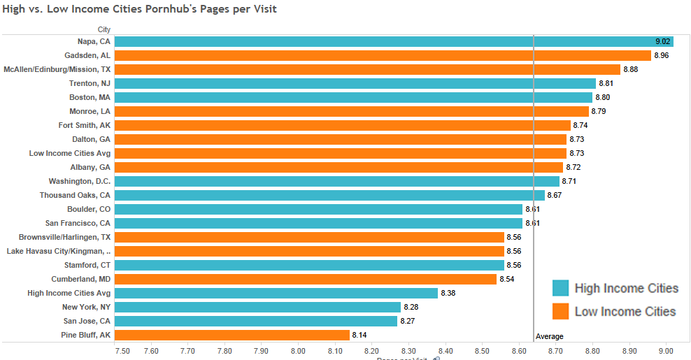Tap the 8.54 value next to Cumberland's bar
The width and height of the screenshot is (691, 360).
(x=506, y=279)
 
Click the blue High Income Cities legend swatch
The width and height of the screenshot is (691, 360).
(x=560, y=288)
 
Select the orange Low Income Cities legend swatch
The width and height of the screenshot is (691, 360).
(x=560, y=311)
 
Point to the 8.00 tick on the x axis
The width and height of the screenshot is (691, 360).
(x=298, y=351)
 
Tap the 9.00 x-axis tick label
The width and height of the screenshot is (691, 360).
(x=666, y=351)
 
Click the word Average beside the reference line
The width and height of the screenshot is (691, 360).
(x=549, y=336)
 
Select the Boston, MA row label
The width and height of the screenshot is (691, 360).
(x=90, y=97)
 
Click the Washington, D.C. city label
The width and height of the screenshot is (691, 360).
(x=80, y=181)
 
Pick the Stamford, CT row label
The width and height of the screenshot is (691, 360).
(x=85, y=265)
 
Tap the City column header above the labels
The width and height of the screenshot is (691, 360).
(x=104, y=29)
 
